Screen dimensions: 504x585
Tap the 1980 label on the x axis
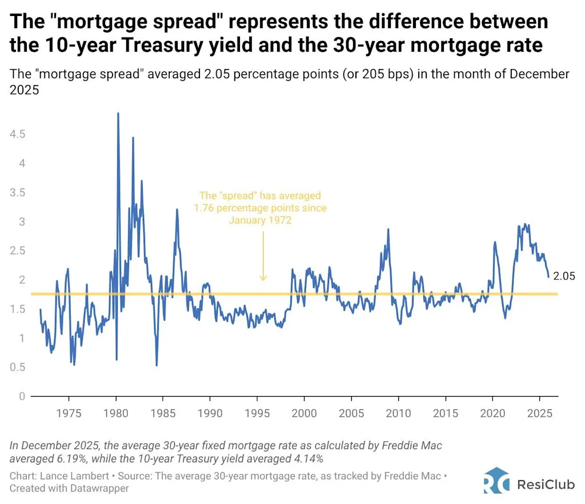[x=116, y=413]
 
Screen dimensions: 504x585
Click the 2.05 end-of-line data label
[x=564, y=277]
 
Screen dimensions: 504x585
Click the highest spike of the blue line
[x=118, y=114]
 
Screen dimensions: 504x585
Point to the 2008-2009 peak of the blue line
[x=388, y=230]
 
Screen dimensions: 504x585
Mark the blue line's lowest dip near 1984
[x=157, y=365]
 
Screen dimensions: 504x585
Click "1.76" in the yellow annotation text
[x=204, y=208]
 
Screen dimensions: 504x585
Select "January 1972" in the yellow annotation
[x=260, y=220]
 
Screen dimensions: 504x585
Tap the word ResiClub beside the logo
[x=542, y=485]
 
